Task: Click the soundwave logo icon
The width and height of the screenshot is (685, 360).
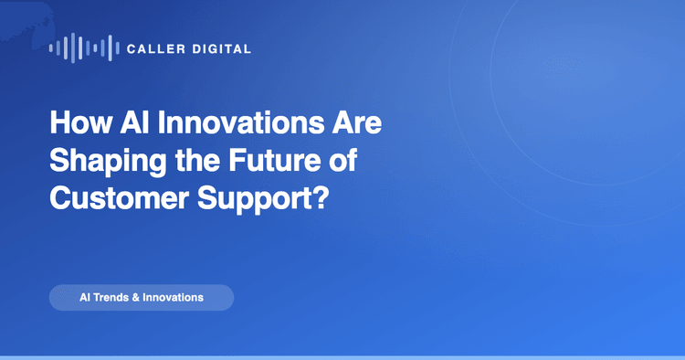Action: pos(84,48)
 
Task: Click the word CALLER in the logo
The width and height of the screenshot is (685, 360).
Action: pos(156,49)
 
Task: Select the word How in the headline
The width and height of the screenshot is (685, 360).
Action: pos(80,122)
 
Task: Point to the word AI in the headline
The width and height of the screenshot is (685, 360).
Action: pos(135,122)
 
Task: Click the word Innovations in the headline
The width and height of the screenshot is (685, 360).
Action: pos(241,122)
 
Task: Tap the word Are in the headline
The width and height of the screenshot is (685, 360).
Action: pos(356,122)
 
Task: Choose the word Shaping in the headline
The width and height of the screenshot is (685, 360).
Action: pos(108,162)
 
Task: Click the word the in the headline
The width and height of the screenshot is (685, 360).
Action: pos(197,160)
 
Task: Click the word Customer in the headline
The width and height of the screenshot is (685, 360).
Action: pos(120,198)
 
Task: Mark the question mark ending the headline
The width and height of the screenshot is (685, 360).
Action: pos(321,198)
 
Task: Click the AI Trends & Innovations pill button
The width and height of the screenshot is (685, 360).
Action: pos(142,298)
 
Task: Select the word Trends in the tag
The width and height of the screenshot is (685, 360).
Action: pos(111,298)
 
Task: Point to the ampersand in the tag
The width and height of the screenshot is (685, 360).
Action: pos(136,298)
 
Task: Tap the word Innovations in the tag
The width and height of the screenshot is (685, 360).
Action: pos(173,298)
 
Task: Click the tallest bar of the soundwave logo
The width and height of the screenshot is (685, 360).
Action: pos(73,48)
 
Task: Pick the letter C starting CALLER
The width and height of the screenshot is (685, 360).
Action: pos(131,49)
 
